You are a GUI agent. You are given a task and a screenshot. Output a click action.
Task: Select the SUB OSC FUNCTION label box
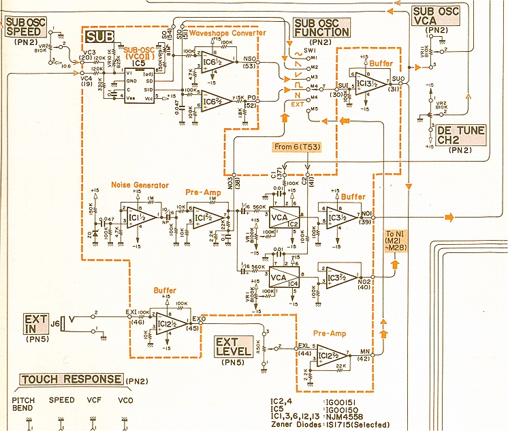click(321, 28)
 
